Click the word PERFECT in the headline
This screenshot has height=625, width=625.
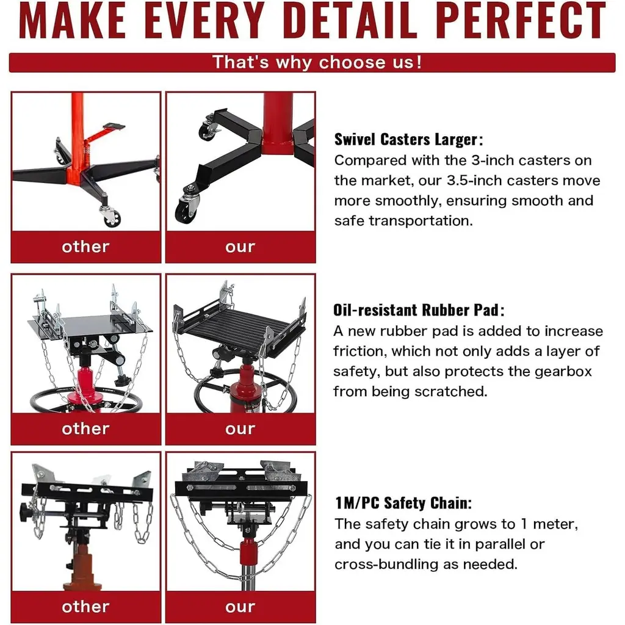click(x=522, y=20)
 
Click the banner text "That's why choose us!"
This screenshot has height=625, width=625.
click(x=317, y=63)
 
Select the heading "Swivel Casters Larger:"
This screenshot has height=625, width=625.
click(x=408, y=140)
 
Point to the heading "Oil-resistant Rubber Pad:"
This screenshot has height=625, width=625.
click(x=419, y=310)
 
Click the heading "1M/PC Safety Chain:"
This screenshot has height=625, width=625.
click(x=403, y=503)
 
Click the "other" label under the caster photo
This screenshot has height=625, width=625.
click(x=85, y=247)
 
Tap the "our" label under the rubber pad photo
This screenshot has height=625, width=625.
click(x=240, y=429)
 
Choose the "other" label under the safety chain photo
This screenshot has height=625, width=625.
click(x=85, y=607)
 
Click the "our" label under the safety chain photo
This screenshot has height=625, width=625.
click(x=240, y=607)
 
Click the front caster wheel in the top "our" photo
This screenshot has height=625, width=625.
click(x=186, y=209)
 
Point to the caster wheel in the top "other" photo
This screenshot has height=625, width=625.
click(x=112, y=218)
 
